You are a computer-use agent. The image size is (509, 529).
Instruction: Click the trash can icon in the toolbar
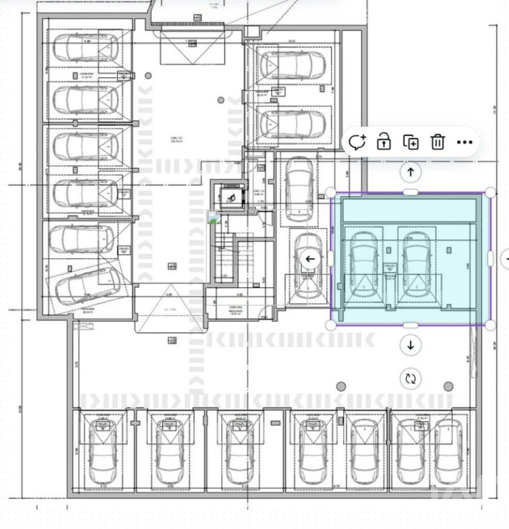click(437, 142)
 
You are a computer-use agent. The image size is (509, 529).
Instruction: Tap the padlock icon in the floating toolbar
click(384, 142)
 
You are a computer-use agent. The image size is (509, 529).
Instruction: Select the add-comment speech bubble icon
click(357, 142)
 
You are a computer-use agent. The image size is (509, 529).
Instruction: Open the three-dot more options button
click(464, 142)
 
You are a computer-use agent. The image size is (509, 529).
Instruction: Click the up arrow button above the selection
click(410, 172)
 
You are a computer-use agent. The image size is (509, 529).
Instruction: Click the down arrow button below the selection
click(410, 345)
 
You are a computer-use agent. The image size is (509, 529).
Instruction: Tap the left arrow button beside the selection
click(310, 259)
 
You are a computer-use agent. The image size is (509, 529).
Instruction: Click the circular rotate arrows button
click(410, 378)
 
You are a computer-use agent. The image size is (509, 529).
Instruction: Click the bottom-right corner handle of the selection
click(491, 325)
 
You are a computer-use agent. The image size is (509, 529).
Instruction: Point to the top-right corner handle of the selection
click(491, 193)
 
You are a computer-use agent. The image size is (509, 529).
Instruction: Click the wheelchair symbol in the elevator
click(230, 197)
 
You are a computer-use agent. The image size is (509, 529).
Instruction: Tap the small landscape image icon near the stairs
click(214, 217)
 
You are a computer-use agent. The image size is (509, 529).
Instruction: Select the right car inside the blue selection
click(416, 264)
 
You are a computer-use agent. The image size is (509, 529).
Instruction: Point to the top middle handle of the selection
click(410, 193)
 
